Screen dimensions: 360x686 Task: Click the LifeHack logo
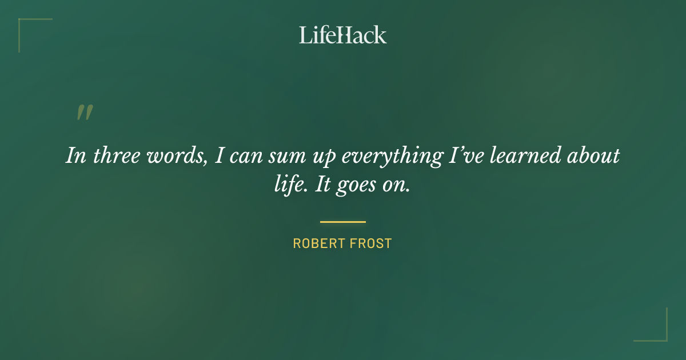(343, 35)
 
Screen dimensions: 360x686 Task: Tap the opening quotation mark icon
(85, 113)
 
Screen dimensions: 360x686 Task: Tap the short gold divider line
(343, 222)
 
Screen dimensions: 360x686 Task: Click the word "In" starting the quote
(76, 156)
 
